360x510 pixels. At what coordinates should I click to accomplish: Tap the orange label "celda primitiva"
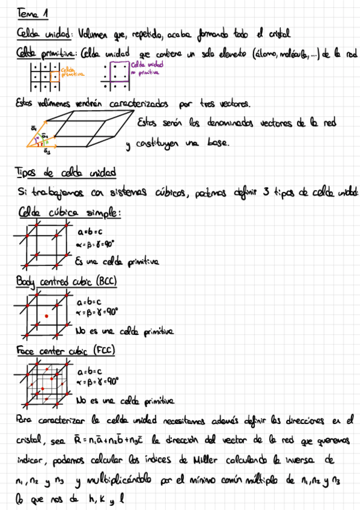click(73, 72)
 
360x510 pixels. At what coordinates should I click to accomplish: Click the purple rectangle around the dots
click(115, 71)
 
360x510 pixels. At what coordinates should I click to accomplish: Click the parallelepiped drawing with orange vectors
click(78, 129)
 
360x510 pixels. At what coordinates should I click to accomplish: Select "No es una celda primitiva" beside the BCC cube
click(124, 330)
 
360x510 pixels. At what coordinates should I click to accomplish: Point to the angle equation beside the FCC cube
click(98, 381)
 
